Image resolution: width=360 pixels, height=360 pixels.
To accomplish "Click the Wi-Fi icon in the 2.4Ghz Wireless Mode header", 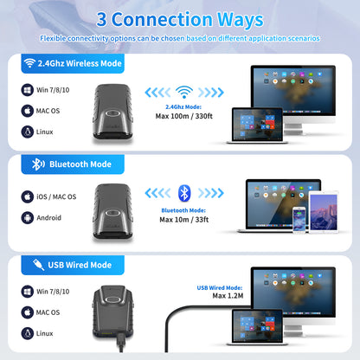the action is pos(29,63).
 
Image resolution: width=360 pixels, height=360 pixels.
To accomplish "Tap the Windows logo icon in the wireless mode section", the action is pos(28,90).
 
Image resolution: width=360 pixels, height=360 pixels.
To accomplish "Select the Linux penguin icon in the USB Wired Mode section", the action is pos(28,333).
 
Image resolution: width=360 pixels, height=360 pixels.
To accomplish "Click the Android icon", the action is pos(28,218).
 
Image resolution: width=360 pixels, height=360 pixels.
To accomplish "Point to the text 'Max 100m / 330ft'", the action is pos(184,116).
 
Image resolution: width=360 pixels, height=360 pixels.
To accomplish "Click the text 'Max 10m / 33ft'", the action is pos(184,220).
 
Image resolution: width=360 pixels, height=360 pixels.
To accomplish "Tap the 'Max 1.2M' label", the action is pos(228,296).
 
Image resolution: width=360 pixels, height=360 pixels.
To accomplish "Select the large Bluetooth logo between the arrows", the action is pos(184,193).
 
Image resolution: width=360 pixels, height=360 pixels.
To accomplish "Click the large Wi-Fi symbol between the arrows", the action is pos(184,93).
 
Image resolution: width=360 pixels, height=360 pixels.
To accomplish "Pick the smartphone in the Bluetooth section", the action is pos(299,220).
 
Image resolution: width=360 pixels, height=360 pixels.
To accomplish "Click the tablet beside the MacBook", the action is pos(324,211).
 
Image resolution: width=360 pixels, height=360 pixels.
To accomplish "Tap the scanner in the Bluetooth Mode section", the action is pos(113,212).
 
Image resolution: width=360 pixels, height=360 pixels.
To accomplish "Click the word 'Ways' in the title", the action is pos(240,20).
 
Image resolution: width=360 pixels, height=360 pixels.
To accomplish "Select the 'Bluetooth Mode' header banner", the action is pos(73,164).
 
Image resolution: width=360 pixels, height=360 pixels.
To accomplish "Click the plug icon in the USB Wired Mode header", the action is pos(38,265).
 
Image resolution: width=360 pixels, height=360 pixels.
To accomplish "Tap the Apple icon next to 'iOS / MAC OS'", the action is pos(28,196).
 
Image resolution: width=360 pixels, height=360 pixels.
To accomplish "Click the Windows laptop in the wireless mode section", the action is pos(257,125).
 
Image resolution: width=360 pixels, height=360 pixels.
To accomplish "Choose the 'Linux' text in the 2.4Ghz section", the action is pos(44,132).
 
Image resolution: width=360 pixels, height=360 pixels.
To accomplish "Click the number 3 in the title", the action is pos(101,20).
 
